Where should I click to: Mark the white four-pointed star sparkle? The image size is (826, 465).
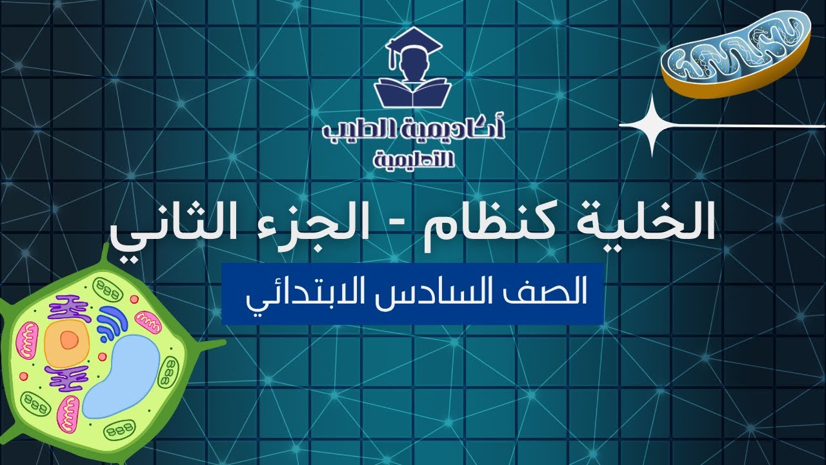click(652, 125)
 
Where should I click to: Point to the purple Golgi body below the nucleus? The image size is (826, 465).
click(68, 378)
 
